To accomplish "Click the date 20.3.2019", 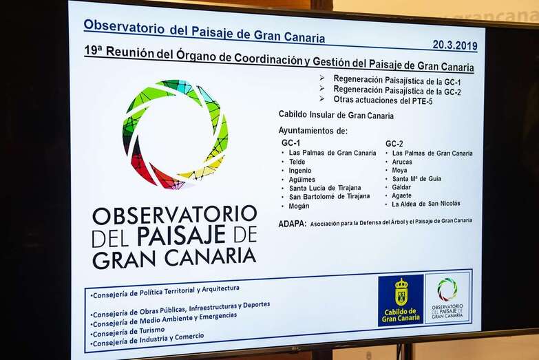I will point(454,45).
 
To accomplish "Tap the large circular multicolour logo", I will point(175,134).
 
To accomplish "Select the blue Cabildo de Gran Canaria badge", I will point(401,300).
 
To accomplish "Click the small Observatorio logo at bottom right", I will point(447,298).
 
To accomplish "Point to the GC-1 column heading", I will point(290,142).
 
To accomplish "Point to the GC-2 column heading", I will point(394,144).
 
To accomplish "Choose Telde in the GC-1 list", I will point(297,162).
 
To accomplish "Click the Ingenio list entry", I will point(300,171).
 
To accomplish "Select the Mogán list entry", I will point(299,206).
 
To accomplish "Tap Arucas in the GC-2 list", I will point(402,162).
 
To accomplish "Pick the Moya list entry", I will point(399,170).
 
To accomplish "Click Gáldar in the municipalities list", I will point(401,187).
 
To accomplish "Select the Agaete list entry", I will point(402,195).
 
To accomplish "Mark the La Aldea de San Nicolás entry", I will point(426,204).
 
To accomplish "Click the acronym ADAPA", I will point(292,224).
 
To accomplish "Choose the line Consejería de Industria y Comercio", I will point(149,339).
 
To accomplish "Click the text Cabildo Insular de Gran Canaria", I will point(336,115).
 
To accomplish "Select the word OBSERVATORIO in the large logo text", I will point(175,215).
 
